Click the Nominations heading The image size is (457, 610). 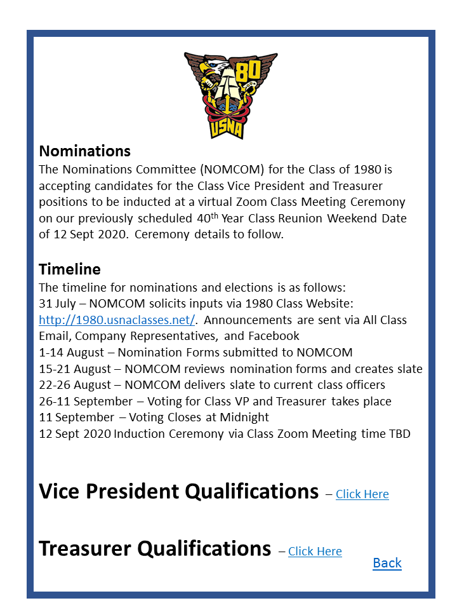(x=84, y=151)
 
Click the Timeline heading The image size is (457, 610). (x=69, y=269)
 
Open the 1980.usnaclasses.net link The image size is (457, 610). (x=117, y=320)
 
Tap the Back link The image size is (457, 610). (x=387, y=563)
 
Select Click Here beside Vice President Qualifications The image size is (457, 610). (x=362, y=494)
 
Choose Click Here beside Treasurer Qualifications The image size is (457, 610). (x=315, y=552)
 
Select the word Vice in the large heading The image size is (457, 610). (x=60, y=491)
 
